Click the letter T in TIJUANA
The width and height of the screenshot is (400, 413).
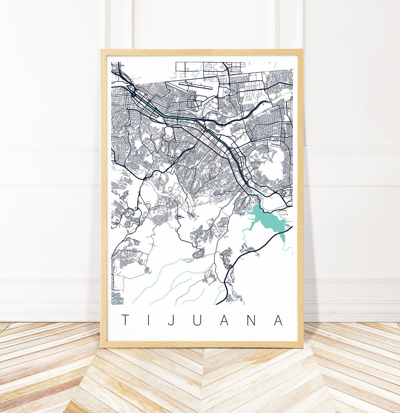(126, 320)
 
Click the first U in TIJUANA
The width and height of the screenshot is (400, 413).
(197, 320)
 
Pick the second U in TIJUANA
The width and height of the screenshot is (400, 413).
(197, 320)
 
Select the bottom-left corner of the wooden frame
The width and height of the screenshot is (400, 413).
(101, 347)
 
